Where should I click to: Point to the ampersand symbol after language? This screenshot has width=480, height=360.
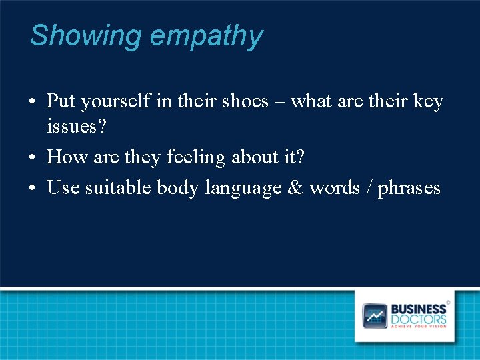(x=295, y=188)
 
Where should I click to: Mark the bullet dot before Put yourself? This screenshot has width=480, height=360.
(x=33, y=103)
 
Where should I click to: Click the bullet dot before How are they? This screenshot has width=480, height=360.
(x=33, y=158)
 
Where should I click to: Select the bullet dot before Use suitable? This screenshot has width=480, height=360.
(x=33, y=189)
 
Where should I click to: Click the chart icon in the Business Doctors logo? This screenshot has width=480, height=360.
(x=375, y=315)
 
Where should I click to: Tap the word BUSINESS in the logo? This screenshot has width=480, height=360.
(x=418, y=309)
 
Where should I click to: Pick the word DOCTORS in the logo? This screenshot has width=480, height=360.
(x=418, y=319)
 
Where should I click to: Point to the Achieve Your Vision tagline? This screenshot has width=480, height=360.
(x=418, y=327)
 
